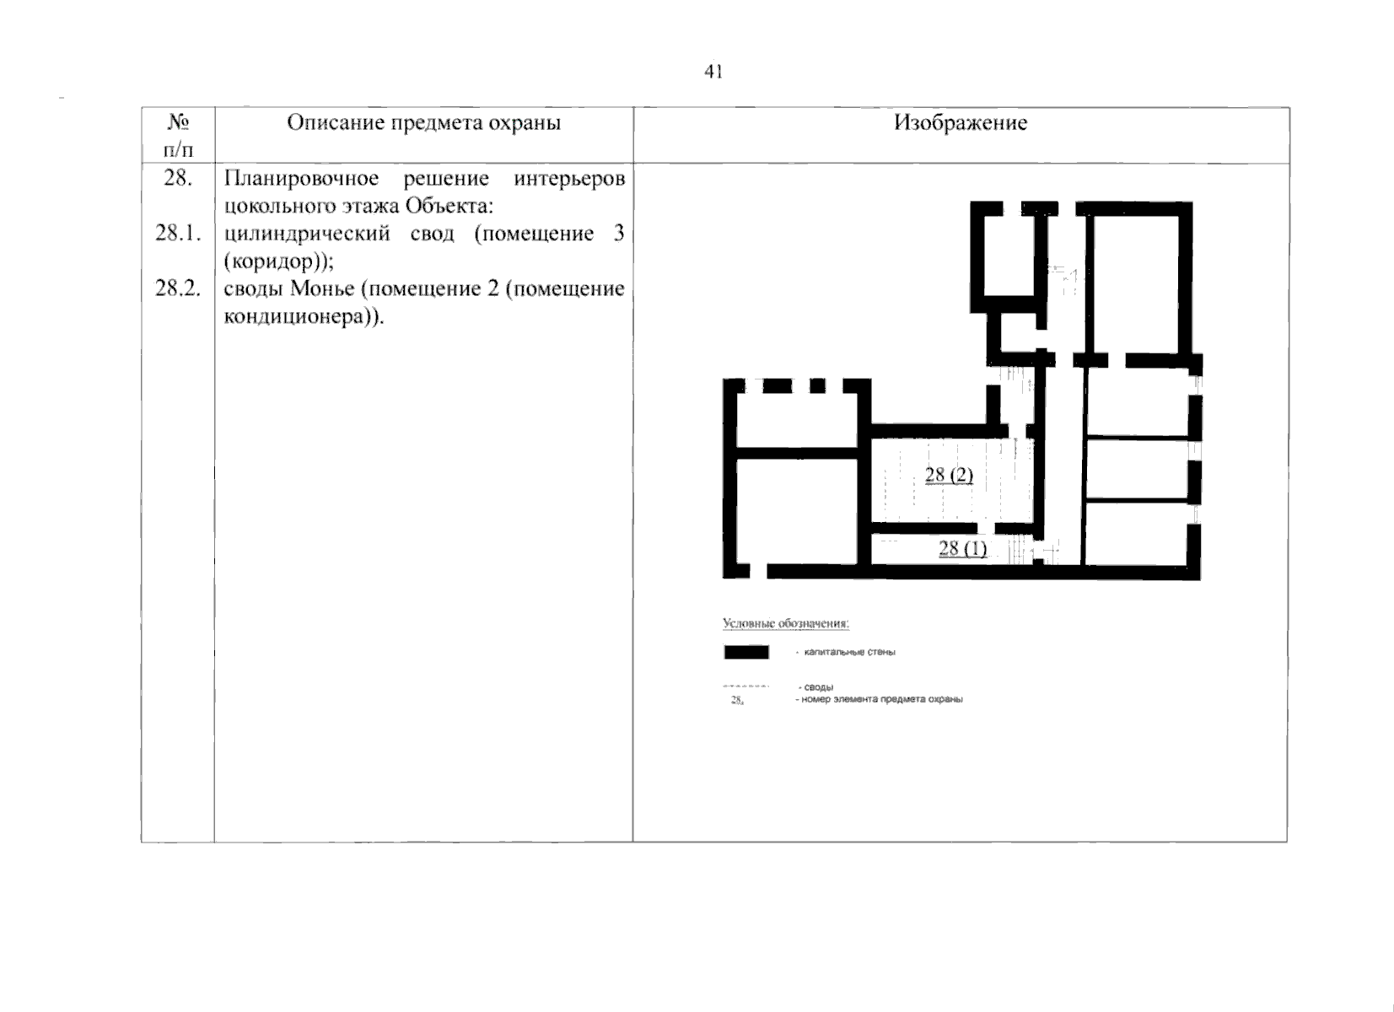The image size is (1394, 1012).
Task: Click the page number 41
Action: click(x=713, y=72)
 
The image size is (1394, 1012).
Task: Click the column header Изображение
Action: click(x=961, y=123)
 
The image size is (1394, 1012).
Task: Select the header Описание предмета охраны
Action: click(x=423, y=123)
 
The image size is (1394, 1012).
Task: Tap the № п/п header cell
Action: click(x=177, y=136)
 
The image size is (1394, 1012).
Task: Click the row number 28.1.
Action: click(x=177, y=234)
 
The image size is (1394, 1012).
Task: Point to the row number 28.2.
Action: click(x=177, y=289)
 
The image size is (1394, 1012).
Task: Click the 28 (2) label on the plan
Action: click(x=949, y=475)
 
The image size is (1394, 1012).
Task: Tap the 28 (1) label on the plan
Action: click(x=962, y=549)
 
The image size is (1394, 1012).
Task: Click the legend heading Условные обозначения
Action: click(x=785, y=624)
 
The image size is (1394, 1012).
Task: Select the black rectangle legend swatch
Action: click(x=746, y=652)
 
